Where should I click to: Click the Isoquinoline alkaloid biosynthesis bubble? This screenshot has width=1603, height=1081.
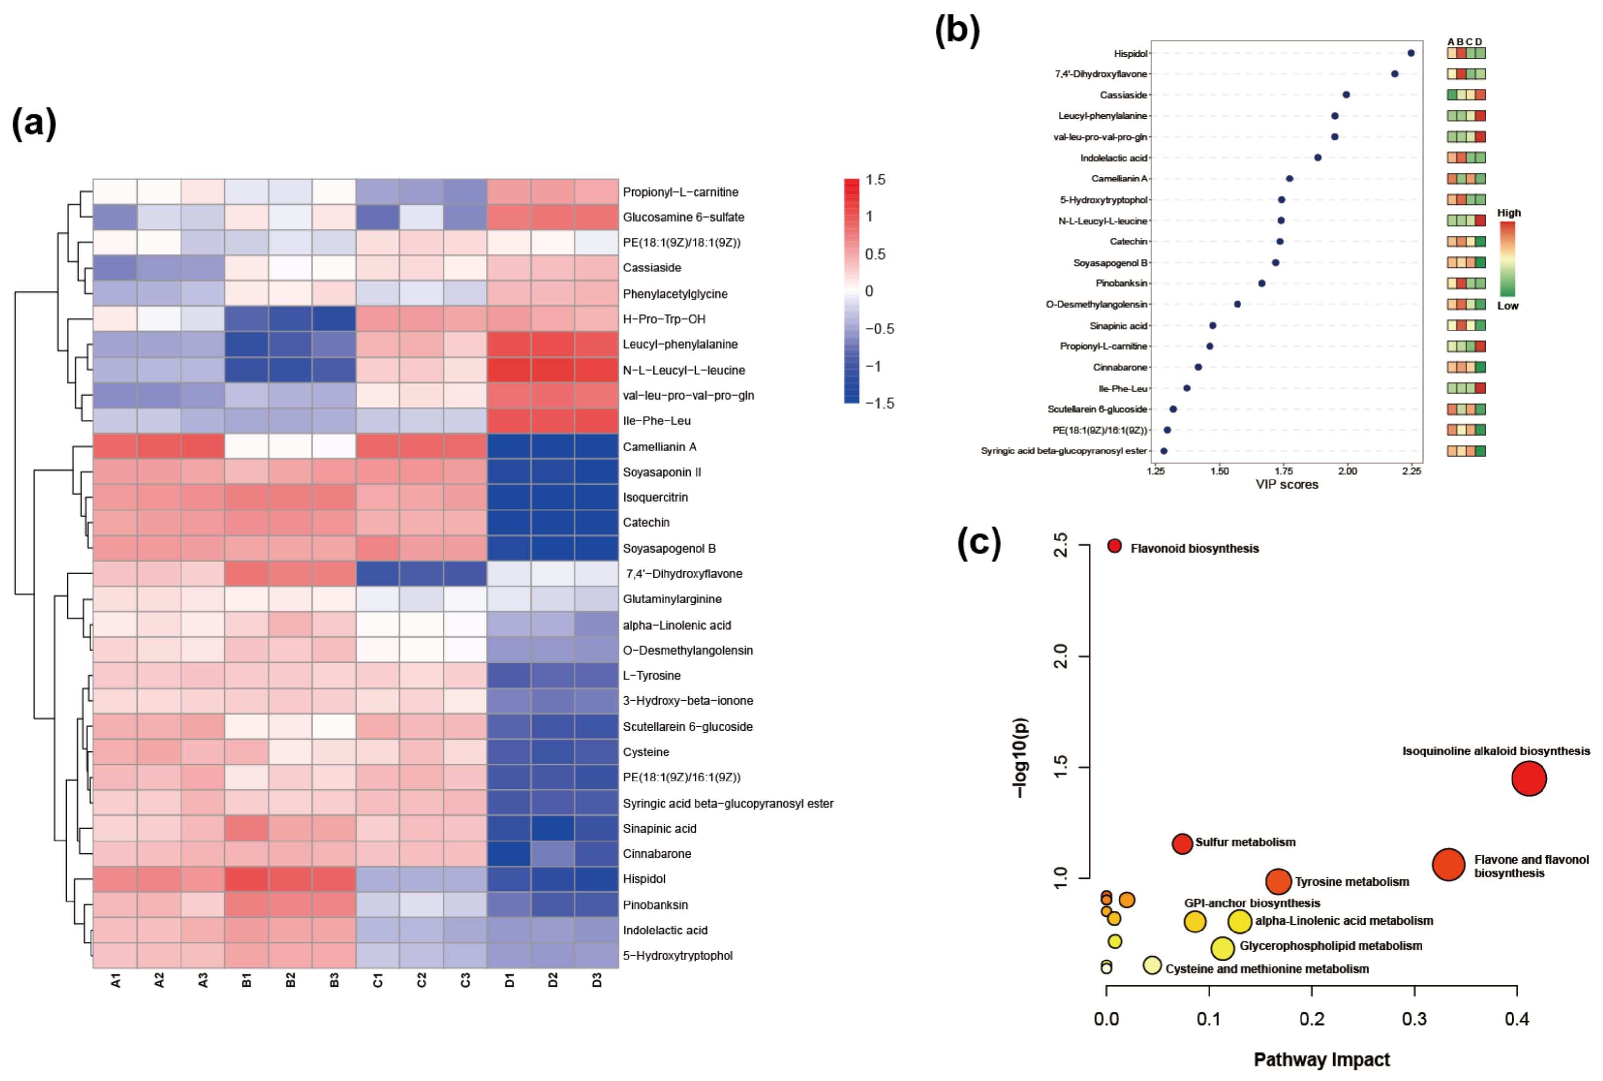(1529, 779)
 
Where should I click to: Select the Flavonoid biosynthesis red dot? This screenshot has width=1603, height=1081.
(1114, 546)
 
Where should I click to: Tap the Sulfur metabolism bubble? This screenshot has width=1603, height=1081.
(1182, 843)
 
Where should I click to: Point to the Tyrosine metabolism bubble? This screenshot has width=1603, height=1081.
(1277, 881)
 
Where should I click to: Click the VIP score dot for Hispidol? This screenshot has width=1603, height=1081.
(1411, 53)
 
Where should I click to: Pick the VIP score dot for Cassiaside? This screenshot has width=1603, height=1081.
(1346, 95)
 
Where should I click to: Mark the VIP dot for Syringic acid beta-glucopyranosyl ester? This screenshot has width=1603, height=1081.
(1164, 451)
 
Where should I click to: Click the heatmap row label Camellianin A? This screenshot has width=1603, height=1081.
(659, 447)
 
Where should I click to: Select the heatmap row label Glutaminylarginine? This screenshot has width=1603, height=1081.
(671, 599)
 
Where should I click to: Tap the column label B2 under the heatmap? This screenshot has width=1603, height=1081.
(290, 980)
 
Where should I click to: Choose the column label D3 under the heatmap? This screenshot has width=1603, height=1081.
(596, 980)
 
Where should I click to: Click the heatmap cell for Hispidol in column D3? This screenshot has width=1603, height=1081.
(596, 879)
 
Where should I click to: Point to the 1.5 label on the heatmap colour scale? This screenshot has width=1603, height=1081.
(875, 180)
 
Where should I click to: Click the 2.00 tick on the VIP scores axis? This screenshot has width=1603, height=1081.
(1347, 471)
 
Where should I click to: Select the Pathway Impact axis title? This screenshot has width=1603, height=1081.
(1321, 1060)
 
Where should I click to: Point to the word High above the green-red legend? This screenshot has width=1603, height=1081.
(1509, 213)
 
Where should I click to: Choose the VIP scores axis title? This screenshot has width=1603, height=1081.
(1287, 484)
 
